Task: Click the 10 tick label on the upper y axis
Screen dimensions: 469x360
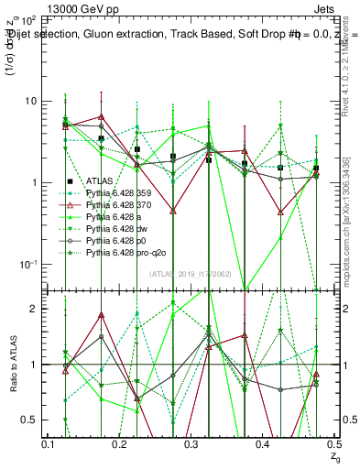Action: (x=29, y=101)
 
